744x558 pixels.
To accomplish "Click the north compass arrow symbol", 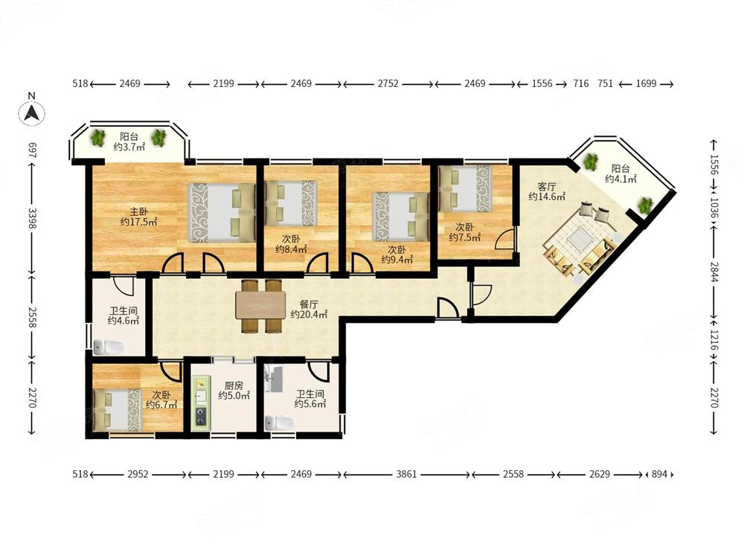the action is (32, 113).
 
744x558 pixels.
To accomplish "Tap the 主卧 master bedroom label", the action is (135, 211).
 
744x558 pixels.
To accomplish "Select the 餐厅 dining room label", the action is (309, 304).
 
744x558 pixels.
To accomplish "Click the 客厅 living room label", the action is (547, 187).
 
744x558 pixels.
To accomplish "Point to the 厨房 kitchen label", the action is (234, 385).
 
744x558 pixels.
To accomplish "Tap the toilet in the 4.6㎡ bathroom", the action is (108, 347).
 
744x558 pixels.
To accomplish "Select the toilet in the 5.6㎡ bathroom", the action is (280, 423).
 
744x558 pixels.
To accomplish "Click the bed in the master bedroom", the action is (221, 212).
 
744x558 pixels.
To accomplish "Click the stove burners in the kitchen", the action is (201, 416).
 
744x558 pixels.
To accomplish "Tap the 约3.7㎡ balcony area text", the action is (129, 147).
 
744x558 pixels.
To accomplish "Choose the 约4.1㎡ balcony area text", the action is (620, 179).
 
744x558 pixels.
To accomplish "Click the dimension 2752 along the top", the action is (388, 84).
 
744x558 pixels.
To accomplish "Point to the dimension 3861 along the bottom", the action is (406, 474).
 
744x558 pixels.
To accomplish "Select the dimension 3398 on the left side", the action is (32, 218).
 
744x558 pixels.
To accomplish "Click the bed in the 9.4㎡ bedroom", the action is (402, 217).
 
